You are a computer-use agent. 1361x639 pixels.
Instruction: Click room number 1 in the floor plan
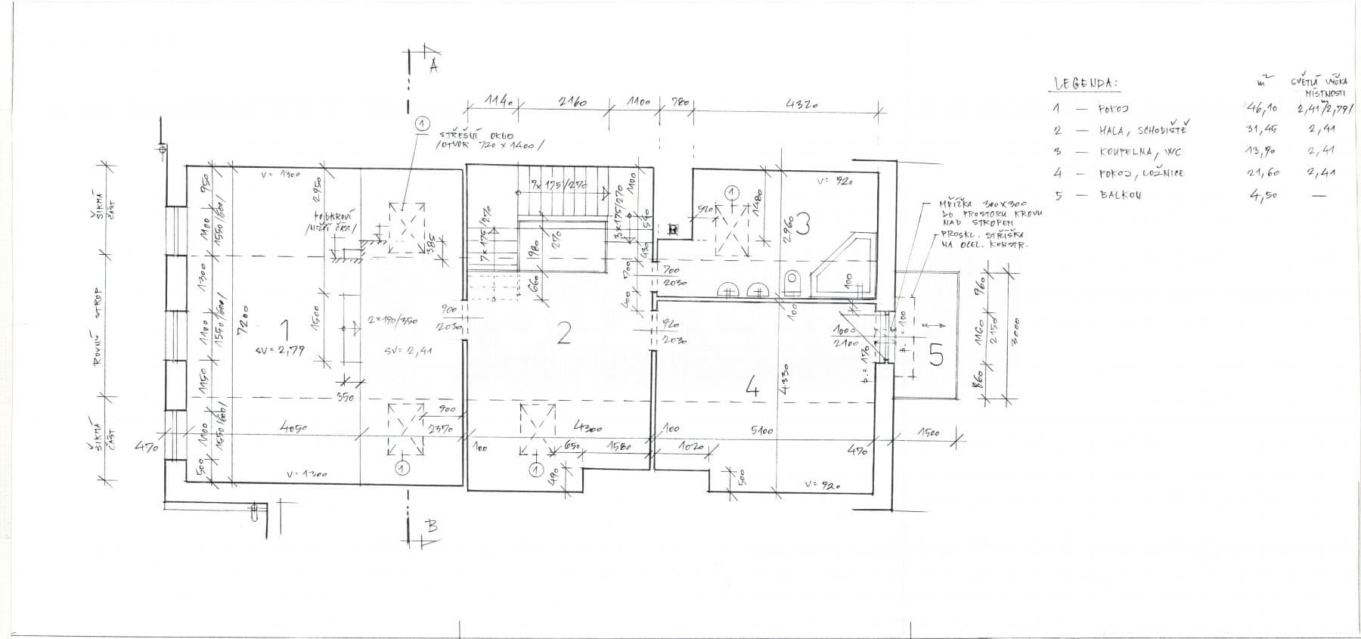click(285, 330)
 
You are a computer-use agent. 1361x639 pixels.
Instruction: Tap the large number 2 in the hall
click(563, 333)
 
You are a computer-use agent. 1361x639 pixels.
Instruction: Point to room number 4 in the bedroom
click(752, 388)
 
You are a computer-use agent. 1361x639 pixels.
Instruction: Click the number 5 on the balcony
click(936, 355)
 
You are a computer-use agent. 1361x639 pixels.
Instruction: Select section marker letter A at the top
click(433, 66)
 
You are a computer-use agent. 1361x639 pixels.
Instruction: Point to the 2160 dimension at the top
click(573, 102)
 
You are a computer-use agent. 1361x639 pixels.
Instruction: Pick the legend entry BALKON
click(1121, 195)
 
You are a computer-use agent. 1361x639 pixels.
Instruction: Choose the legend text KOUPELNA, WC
click(1132, 152)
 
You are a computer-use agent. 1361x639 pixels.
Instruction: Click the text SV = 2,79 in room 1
click(281, 351)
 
